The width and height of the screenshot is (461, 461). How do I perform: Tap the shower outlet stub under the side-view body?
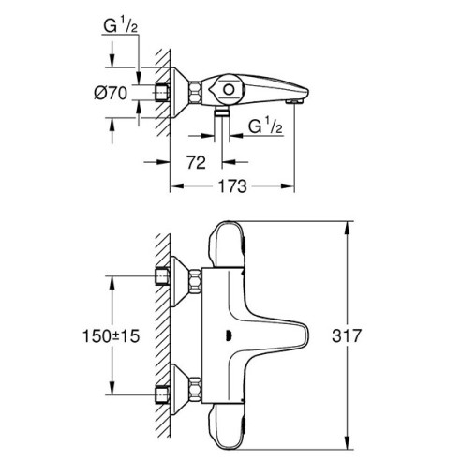(x=223, y=112)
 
